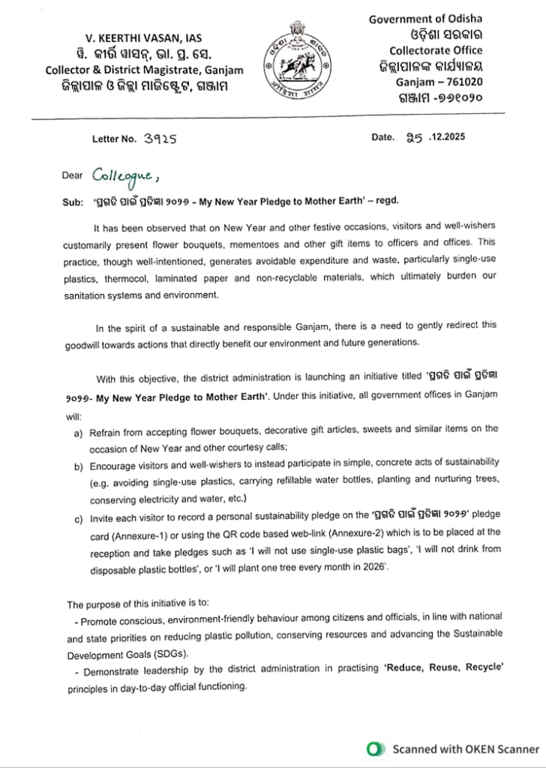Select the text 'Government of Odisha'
point(424,19)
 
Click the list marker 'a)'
point(78,433)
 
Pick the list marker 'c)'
point(78,518)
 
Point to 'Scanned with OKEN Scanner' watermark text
point(465,748)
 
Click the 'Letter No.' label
point(115,139)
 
